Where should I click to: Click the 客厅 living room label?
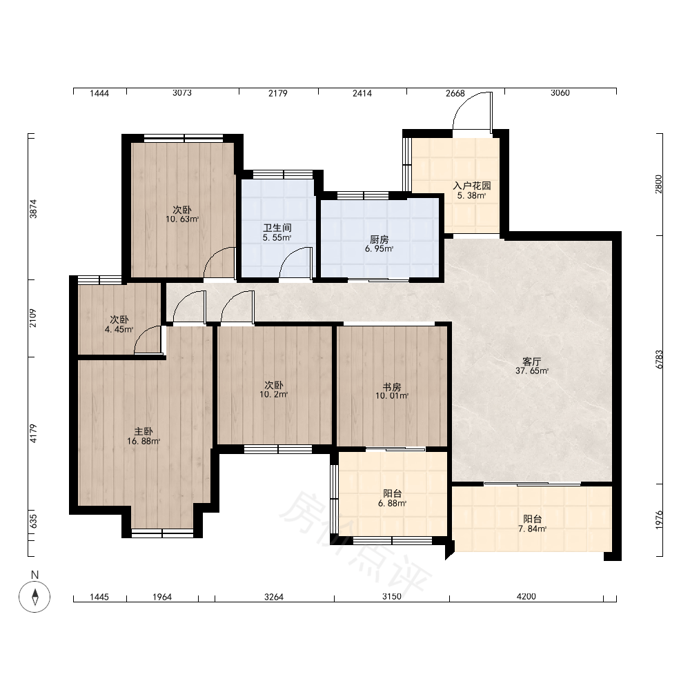click(x=531, y=362)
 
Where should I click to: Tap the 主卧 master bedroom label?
click(x=144, y=431)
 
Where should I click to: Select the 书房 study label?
click(x=392, y=387)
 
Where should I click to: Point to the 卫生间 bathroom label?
click(x=277, y=228)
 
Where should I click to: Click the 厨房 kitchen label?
click(x=379, y=239)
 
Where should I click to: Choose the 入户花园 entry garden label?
click(x=472, y=186)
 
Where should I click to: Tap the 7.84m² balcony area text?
click(x=533, y=529)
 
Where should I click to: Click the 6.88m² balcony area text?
click(x=392, y=504)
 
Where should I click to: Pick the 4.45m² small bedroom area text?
click(x=119, y=329)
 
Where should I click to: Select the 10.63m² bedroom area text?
click(x=182, y=219)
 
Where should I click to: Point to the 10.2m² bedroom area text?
click(x=274, y=395)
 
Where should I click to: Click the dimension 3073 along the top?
click(x=182, y=93)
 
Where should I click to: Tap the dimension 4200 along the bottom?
click(x=526, y=596)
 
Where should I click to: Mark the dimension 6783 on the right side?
click(x=659, y=359)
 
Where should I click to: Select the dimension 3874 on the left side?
click(x=33, y=208)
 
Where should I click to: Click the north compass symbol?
click(x=34, y=597)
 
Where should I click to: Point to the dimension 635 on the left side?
click(x=33, y=522)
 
